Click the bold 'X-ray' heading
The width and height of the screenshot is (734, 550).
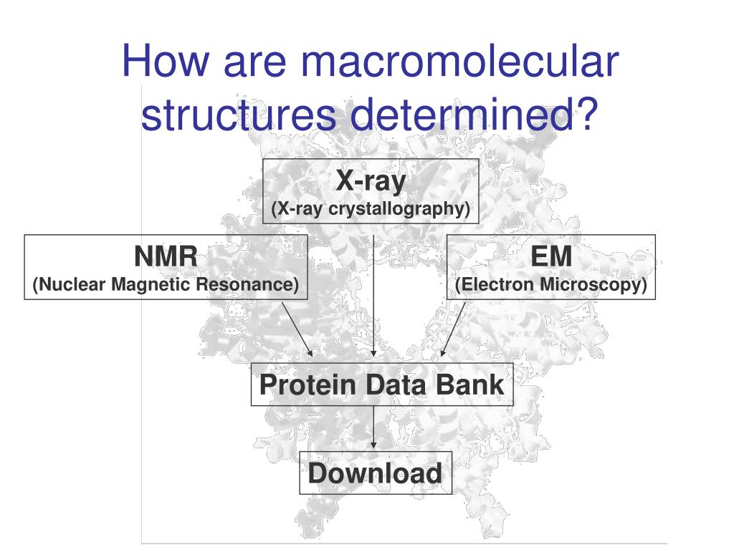point(371,181)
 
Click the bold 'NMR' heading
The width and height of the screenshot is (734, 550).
point(166,256)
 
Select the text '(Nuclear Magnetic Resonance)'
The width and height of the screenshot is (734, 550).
point(166,285)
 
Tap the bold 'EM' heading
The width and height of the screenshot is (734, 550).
point(551,256)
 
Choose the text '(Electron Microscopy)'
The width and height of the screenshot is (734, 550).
point(551,285)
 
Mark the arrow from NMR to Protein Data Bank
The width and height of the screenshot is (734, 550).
point(297,328)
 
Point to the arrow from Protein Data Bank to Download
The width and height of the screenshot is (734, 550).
point(373,429)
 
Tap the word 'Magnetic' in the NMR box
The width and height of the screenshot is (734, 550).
point(151,285)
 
